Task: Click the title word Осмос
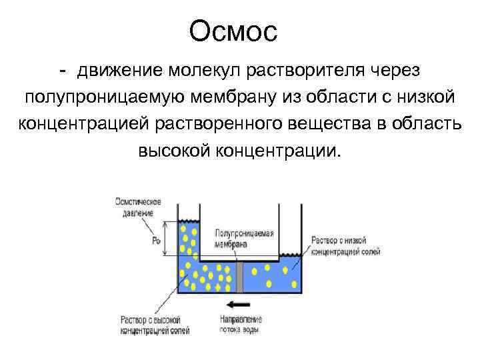point(232,31)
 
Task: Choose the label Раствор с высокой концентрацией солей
point(155,324)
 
